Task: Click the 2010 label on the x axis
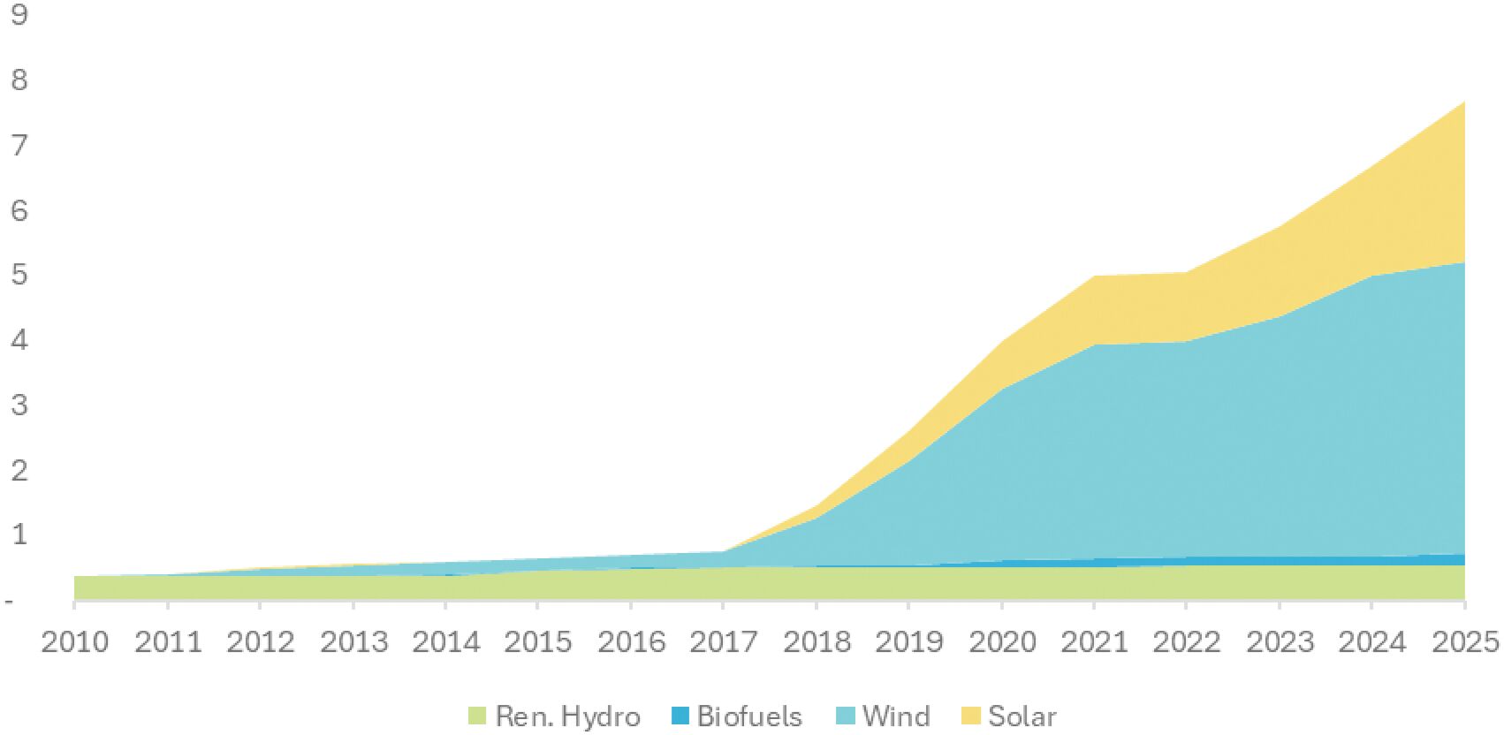[x=74, y=642]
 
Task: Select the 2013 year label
[x=353, y=642]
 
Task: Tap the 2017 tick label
[x=724, y=642]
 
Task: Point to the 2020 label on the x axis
[x=1002, y=642]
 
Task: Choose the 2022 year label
[x=1187, y=642]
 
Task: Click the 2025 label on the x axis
[x=1466, y=642]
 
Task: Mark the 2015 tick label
[x=538, y=642]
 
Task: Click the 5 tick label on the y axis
[x=19, y=275]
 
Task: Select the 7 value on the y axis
[x=19, y=144]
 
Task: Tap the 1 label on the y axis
[x=19, y=534]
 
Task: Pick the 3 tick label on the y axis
[x=19, y=405]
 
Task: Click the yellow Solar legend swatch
[x=971, y=716]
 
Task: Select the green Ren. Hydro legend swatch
[x=476, y=716]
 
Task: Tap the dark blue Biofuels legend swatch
[x=680, y=716]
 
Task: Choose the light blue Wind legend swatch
[x=846, y=716]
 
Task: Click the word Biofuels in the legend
[x=749, y=716]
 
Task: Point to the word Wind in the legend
[x=896, y=716]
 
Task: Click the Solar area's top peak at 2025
[x=1464, y=102]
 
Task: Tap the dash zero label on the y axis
[x=8, y=602]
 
